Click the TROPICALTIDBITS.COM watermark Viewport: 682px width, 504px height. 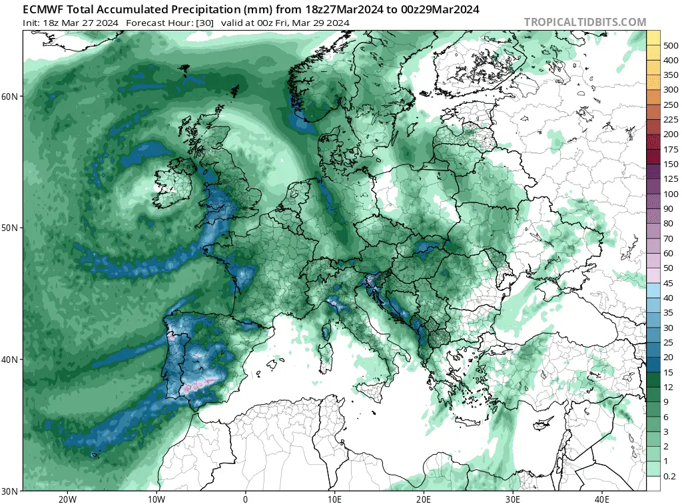click(585, 22)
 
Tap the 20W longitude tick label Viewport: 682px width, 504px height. click(67, 499)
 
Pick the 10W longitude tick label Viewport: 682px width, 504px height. click(156, 499)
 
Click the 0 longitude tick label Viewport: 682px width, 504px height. click(245, 499)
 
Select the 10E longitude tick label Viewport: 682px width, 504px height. click(334, 499)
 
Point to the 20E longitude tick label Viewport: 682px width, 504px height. click(424, 499)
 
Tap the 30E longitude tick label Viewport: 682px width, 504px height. click(512, 499)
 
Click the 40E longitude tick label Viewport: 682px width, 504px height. click(601, 499)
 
